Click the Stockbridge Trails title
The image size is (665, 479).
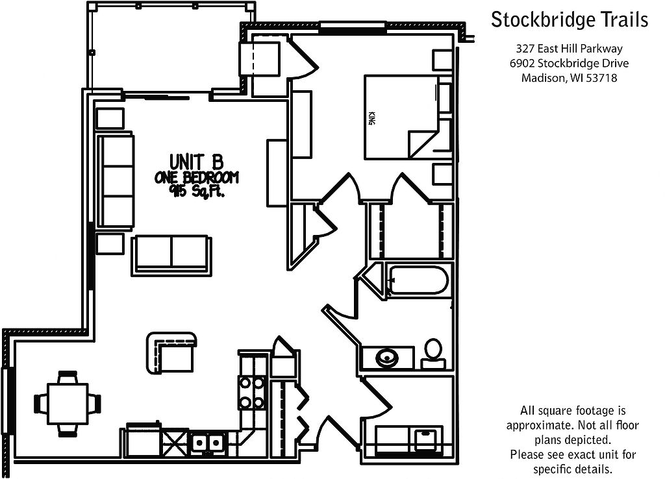point(569,20)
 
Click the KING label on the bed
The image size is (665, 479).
point(371,119)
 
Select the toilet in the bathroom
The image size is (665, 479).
point(433,350)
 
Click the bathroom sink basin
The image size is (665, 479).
point(388,357)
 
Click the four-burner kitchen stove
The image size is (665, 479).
point(252,393)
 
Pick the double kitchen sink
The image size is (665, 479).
point(207,443)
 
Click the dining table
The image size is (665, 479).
point(68,402)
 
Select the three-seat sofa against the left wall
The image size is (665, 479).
point(116,180)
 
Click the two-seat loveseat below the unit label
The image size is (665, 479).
point(171,254)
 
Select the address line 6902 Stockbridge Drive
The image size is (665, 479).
point(569,64)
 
